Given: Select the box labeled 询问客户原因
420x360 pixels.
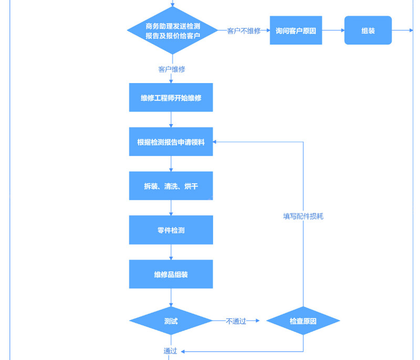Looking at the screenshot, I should click(x=296, y=30).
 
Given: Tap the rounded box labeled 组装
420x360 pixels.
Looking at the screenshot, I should click(x=368, y=30).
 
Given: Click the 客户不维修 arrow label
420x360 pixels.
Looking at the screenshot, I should click(x=244, y=31).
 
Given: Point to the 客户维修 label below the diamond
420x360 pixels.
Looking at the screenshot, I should click(x=172, y=69).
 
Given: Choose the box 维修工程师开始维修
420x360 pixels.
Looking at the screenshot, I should click(x=171, y=98).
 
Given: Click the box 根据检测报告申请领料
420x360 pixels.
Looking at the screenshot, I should click(x=171, y=142).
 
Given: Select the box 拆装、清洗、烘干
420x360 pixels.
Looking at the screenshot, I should click(x=171, y=186).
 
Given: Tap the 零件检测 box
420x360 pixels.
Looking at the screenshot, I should click(x=171, y=230).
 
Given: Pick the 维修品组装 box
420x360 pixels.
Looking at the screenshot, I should click(x=171, y=274).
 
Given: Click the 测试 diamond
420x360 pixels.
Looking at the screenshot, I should click(x=171, y=321).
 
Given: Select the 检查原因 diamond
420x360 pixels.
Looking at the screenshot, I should click(x=303, y=321).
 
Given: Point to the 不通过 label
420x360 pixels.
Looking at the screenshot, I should click(x=236, y=321).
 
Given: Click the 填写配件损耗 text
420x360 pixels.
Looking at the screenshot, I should click(x=303, y=216).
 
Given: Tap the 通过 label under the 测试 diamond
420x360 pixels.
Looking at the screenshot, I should click(x=170, y=351).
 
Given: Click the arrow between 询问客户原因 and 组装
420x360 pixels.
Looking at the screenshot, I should click(x=333, y=30).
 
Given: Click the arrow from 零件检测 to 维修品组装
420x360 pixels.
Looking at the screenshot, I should click(x=171, y=252).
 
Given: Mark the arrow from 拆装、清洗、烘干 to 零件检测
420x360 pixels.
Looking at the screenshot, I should click(x=171, y=208).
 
